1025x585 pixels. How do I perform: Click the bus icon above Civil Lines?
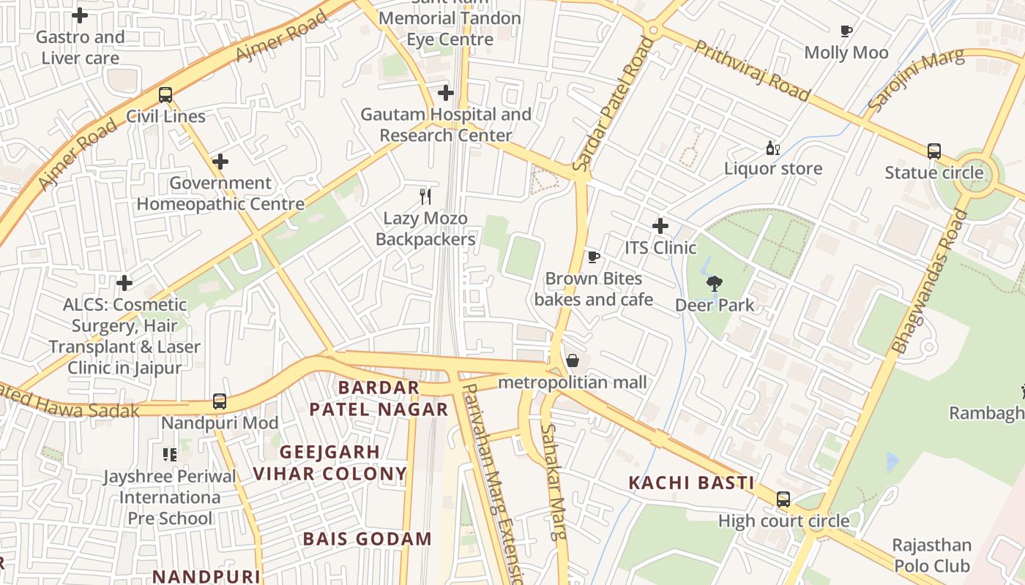click(165, 94)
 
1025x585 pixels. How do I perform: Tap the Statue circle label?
click(933, 173)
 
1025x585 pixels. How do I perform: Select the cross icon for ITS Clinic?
click(660, 226)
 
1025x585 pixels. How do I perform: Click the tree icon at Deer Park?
click(714, 284)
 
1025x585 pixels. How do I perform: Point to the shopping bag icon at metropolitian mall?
click(573, 361)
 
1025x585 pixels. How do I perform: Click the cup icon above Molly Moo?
click(846, 31)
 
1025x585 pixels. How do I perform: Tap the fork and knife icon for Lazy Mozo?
click(425, 196)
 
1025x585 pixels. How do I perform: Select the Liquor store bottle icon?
click(772, 148)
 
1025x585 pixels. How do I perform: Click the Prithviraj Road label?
click(752, 70)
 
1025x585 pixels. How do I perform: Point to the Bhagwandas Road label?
click(929, 282)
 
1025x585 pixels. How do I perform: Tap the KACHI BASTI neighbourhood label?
click(691, 483)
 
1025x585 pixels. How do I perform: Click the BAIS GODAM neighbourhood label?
click(368, 540)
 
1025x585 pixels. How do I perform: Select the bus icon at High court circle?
click(783, 499)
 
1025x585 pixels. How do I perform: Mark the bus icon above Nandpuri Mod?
click(220, 401)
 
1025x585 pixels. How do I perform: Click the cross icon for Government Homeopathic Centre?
click(220, 162)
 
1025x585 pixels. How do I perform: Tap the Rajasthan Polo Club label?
click(931, 556)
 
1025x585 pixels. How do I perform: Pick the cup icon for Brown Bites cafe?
click(594, 257)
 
